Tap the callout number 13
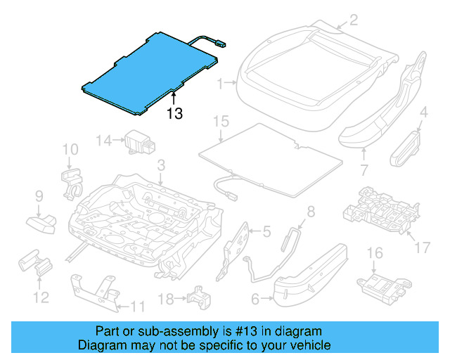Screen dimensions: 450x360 click(175, 113)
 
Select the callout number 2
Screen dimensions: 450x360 click(354, 20)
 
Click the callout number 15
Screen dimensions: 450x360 click(221, 122)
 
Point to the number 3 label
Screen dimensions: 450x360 click(160, 166)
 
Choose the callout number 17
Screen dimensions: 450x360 click(422, 247)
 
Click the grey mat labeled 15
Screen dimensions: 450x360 click(271, 158)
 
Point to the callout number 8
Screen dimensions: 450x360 click(311, 210)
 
